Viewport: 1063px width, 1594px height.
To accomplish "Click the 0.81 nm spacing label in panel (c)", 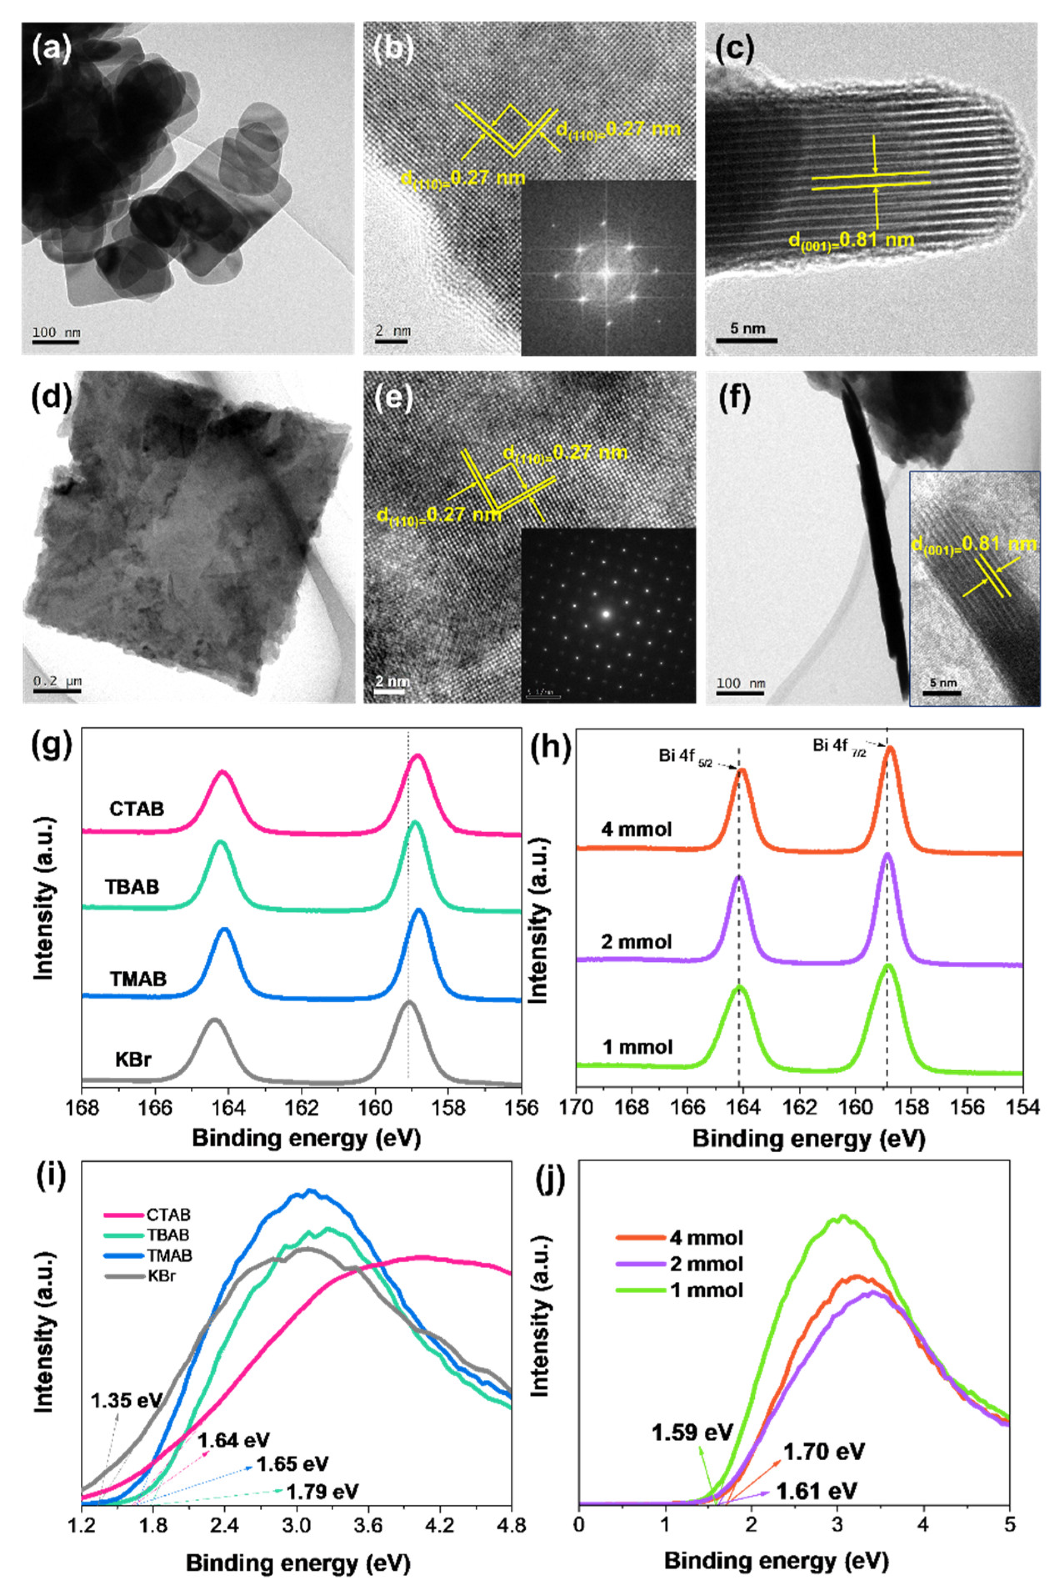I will [x=851, y=240].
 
